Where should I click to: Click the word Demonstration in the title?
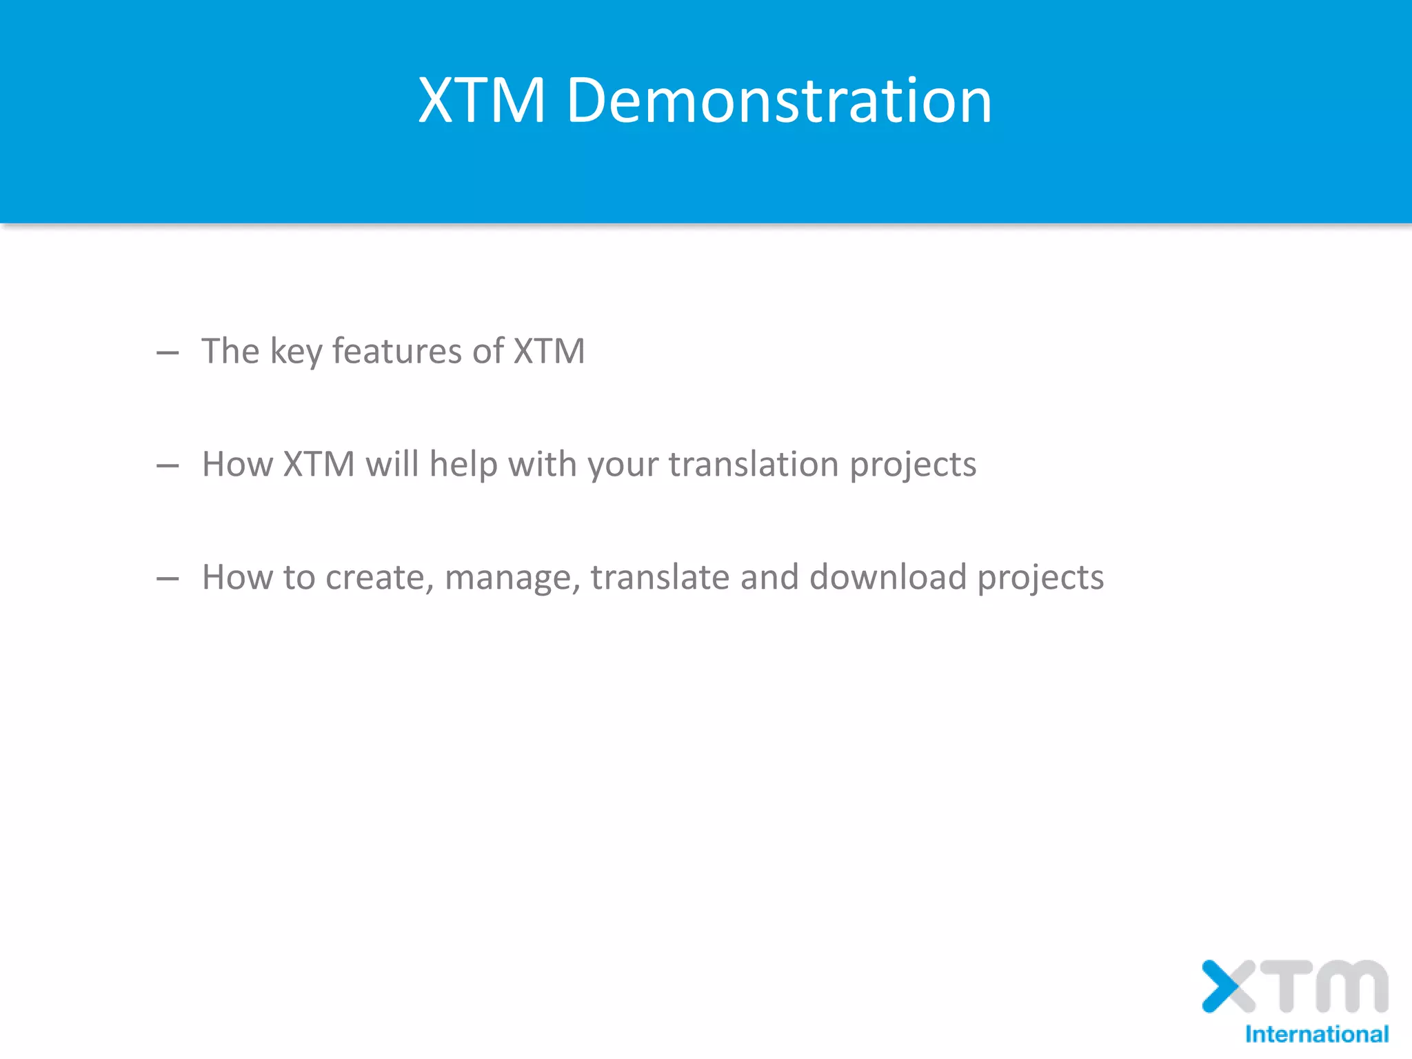click(779, 101)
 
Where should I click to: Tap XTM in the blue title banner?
click(482, 101)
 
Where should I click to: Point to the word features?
click(397, 351)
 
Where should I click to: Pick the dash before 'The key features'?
click(168, 354)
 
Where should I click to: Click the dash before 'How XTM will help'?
click(168, 467)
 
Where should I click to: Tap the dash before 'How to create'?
click(168, 579)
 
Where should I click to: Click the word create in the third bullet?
click(379, 578)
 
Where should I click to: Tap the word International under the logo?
click(1316, 1034)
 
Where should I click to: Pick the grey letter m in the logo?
click(1351, 986)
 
